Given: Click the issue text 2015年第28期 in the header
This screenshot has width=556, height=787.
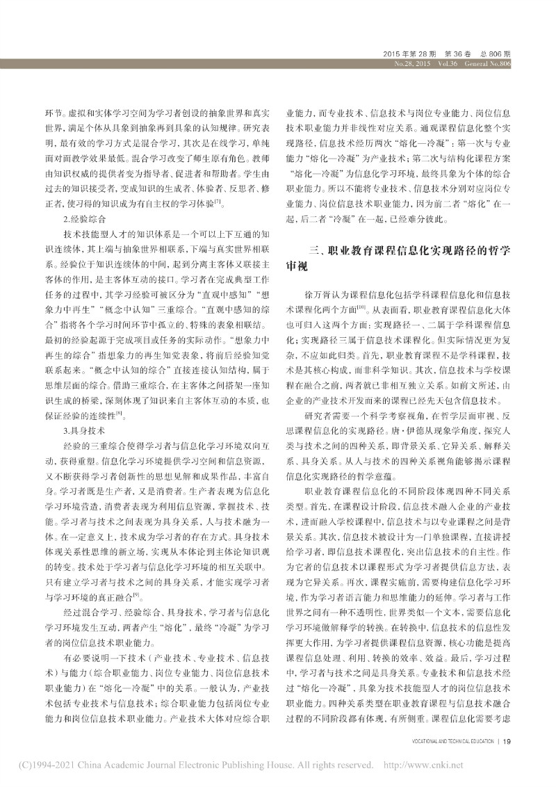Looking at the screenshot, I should [x=410, y=54].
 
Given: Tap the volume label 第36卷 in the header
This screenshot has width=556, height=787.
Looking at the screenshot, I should [x=459, y=54].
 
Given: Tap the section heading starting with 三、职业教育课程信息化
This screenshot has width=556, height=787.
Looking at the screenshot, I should [x=410, y=250].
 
